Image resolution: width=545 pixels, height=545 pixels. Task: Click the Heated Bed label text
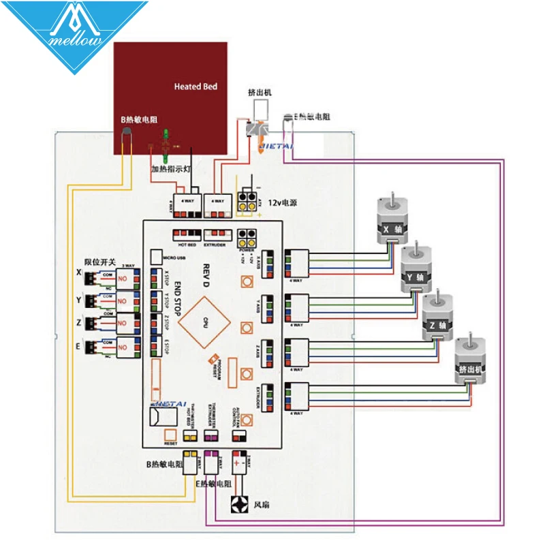(196, 87)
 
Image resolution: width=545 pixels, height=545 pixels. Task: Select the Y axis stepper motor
(413, 271)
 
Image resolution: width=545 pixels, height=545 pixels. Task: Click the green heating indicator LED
(164, 142)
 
